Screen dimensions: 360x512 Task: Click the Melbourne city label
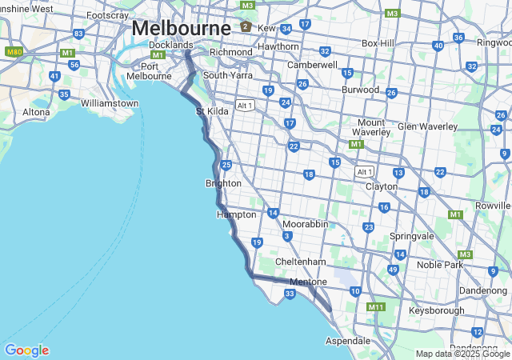(x=181, y=27)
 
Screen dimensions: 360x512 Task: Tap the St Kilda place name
(x=212, y=111)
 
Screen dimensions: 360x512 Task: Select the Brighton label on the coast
(x=223, y=183)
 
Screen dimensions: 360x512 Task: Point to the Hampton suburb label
(x=236, y=214)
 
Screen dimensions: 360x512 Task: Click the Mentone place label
(x=308, y=282)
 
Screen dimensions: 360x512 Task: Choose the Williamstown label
(x=110, y=103)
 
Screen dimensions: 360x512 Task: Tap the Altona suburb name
(x=36, y=112)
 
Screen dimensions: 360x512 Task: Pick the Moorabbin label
(x=305, y=224)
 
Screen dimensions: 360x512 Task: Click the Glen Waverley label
(x=427, y=126)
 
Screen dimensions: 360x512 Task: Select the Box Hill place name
(x=378, y=42)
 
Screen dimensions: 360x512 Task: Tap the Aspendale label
(x=348, y=340)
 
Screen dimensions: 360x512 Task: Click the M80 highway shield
(x=14, y=51)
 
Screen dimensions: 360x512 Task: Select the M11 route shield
(x=375, y=306)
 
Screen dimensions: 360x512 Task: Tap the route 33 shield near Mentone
(x=290, y=294)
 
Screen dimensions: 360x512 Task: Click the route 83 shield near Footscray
(x=78, y=34)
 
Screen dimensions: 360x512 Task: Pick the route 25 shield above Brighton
(x=226, y=165)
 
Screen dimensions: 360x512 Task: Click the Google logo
(x=26, y=350)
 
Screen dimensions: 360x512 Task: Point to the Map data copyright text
(x=462, y=354)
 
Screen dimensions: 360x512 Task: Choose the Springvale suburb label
(x=411, y=237)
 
